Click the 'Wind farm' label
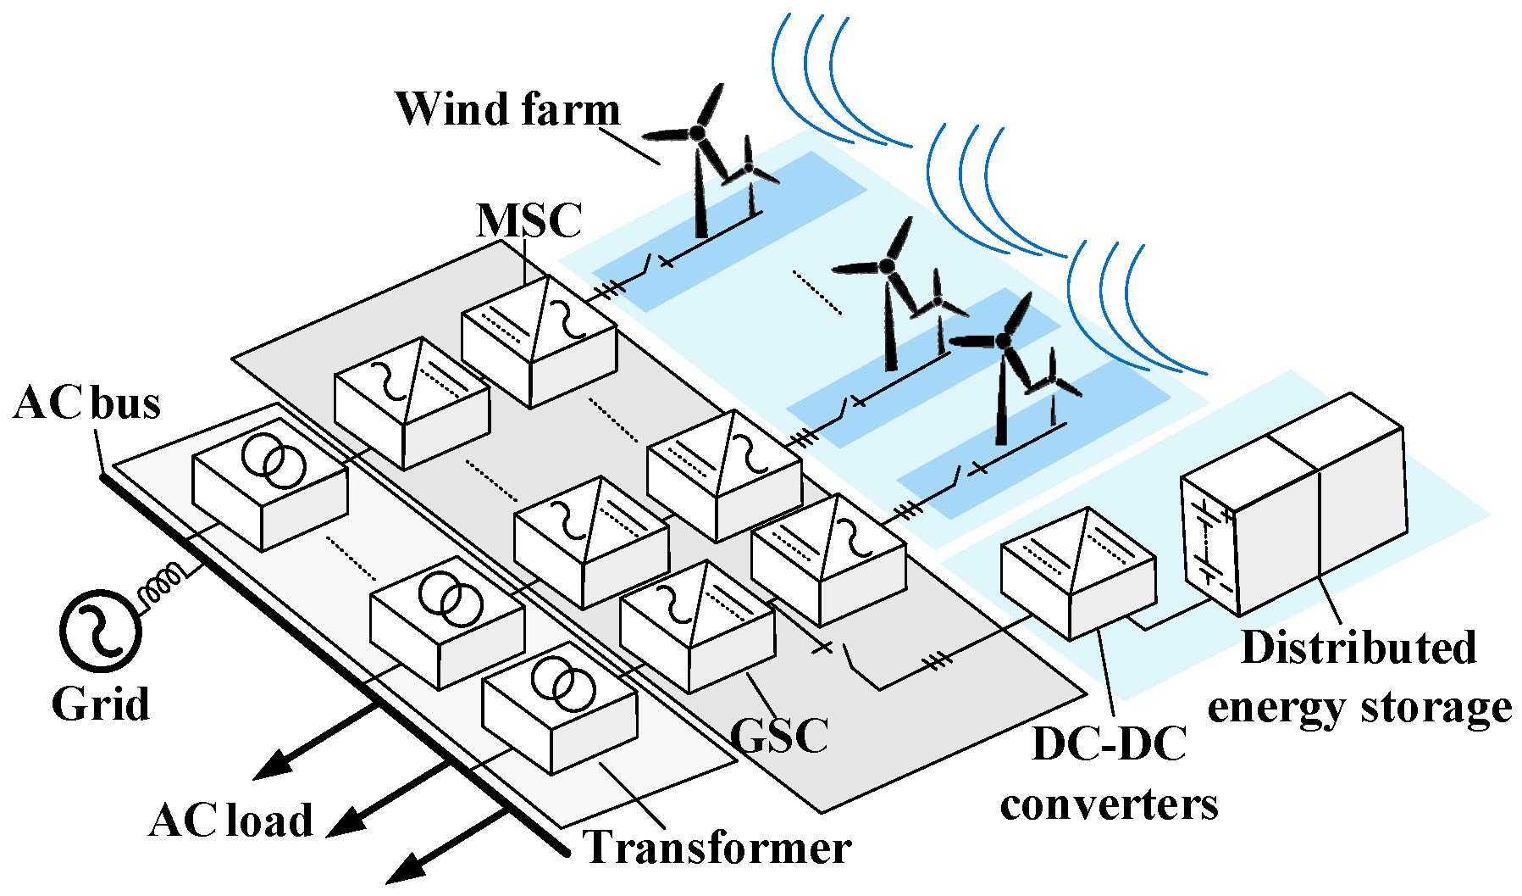click(x=506, y=109)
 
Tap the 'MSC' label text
click(x=529, y=220)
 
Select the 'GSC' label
click(x=778, y=735)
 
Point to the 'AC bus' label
click(x=87, y=403)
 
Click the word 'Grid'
click(x=101, y=704)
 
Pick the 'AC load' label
click(x=231, y=820)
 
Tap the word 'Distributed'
click(x=1359, y=648)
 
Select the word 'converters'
click(x=1109, y=804)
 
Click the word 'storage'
click(x=1436, y=707)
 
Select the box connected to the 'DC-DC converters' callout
click(x=1077, y=574)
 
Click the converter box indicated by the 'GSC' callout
click(x=696, y=627)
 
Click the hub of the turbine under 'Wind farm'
click(x=696, y=132)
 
